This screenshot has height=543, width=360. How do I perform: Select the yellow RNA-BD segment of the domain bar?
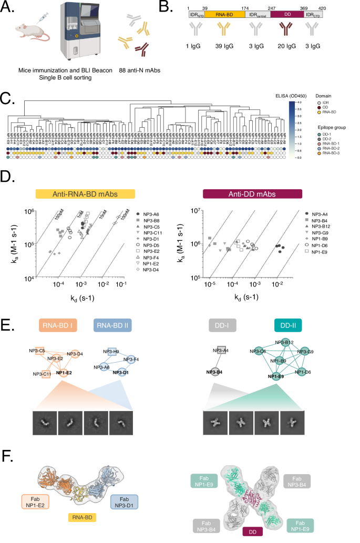[222, 15]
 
